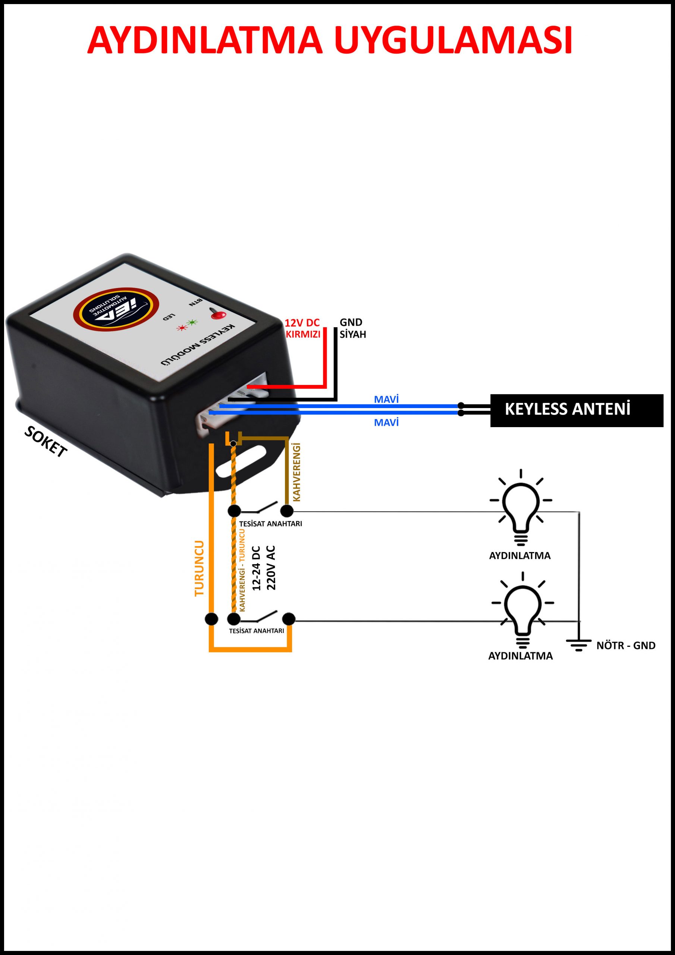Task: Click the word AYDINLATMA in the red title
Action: click(x=205, y=41)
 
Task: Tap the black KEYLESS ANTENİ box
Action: click(x=577, y=410)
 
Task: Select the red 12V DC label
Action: click(x=302, y=323)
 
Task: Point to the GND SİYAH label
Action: click(x=353, y=329)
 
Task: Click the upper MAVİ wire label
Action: click(x=386, y=399)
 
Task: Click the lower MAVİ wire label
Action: click(x=386, y=423)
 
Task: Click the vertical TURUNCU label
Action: click(x=200, y=568)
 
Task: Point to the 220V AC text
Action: click(x=271, y=568)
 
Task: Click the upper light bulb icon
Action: click(x=521, y=508)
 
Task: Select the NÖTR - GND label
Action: click(x=626, y=645)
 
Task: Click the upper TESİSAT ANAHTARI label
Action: click(x=270, y=524)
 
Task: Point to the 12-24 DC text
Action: click(x=256, y=568)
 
